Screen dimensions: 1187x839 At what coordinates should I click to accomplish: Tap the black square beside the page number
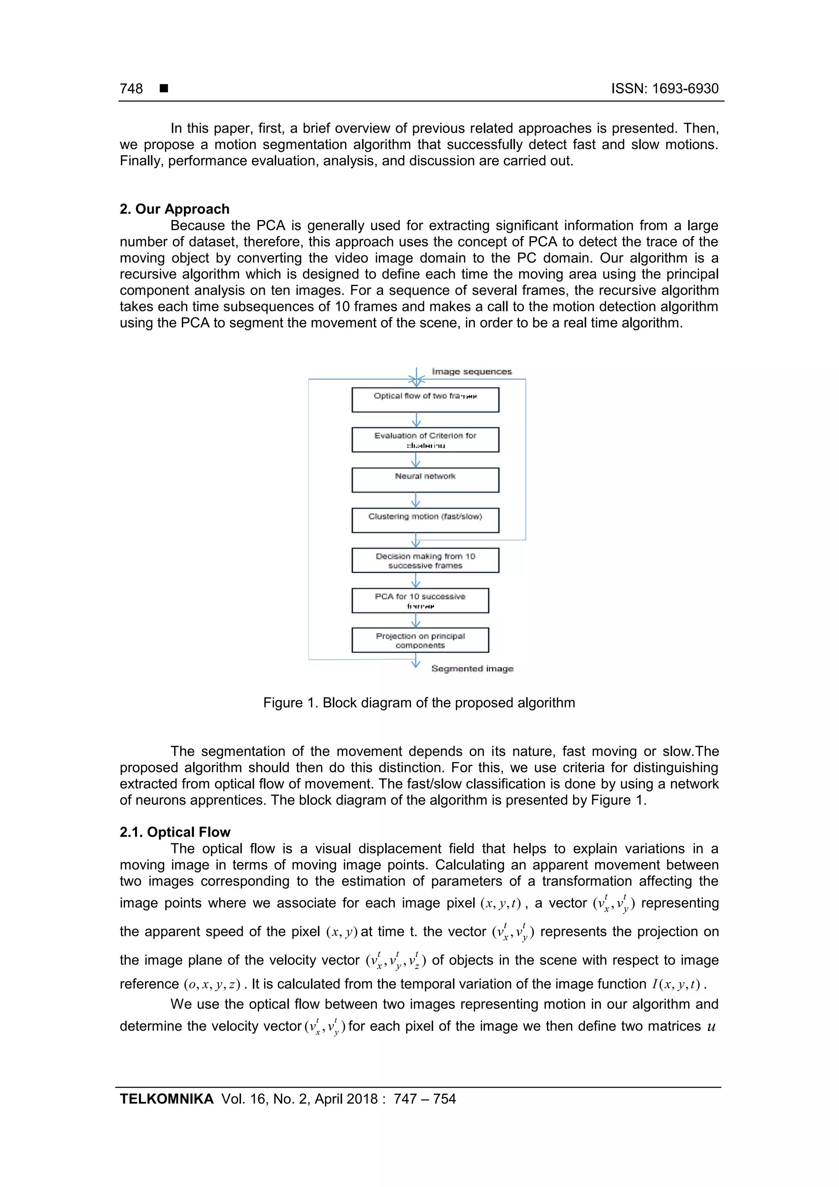click(164, 89)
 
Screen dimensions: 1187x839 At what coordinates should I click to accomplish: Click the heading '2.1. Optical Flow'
click(175, 832)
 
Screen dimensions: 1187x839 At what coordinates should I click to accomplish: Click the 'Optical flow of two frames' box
click(425, 399)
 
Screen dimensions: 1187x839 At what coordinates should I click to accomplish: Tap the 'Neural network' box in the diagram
click(425, 480)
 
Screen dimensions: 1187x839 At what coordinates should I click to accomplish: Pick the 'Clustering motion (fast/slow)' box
click(425, 520)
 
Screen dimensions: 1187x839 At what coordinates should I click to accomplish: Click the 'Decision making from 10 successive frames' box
click(425, 561)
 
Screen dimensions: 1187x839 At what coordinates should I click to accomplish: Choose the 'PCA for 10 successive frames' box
click(420, 600)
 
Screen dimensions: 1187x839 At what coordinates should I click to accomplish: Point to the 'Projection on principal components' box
click(420, 640)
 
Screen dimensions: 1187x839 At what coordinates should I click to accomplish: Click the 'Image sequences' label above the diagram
click(472, 371)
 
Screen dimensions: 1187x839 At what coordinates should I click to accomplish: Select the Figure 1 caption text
click(419, 703)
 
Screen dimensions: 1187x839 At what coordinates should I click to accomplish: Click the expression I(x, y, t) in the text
click(676, 984)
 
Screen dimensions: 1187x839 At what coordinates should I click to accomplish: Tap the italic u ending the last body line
click(711, 1026)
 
